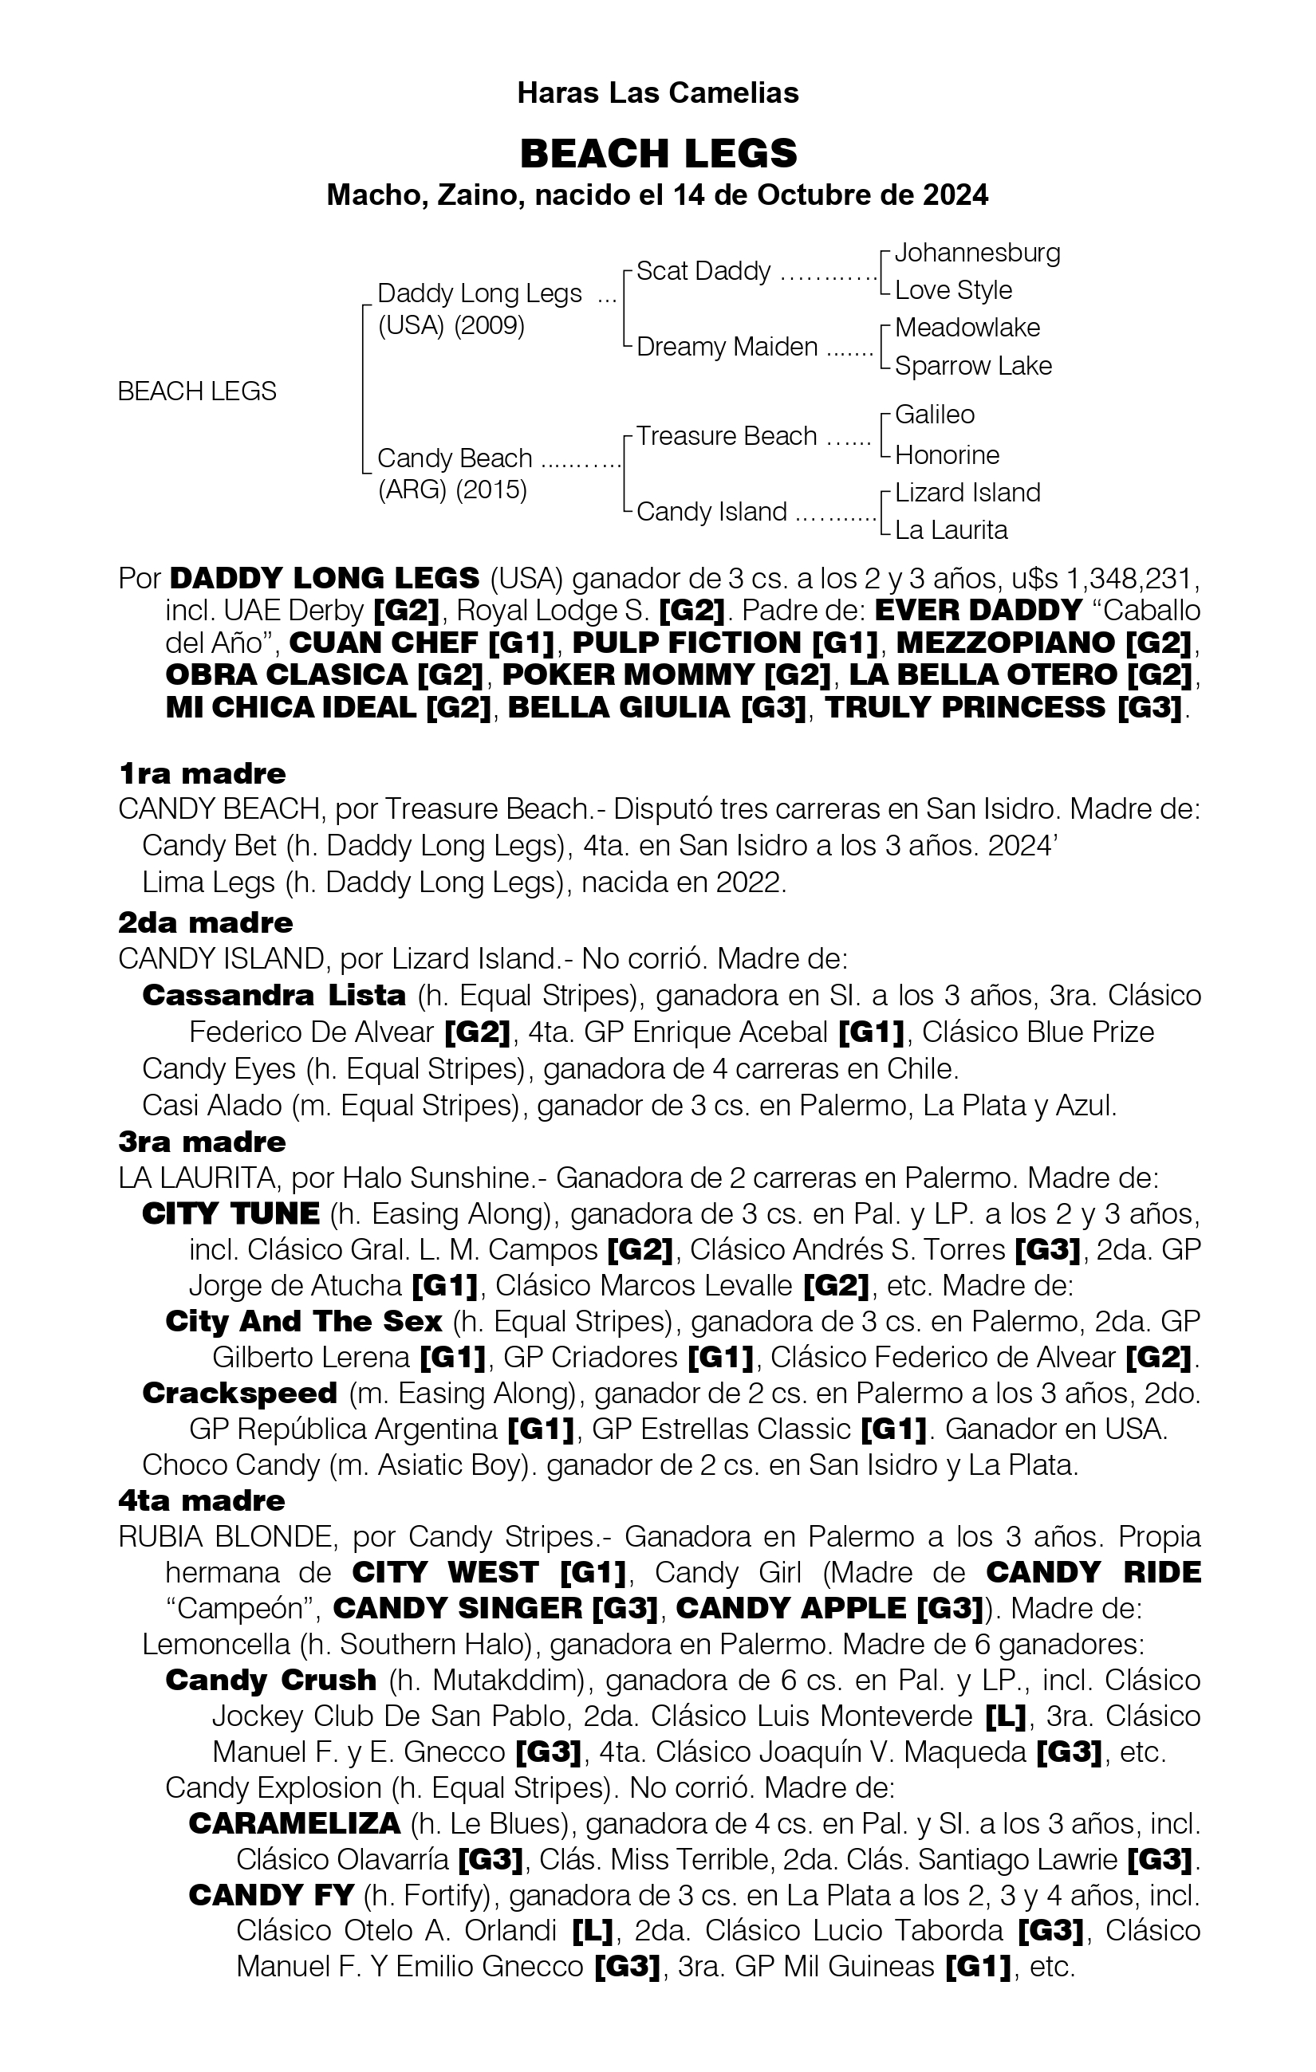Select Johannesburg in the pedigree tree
pos(977,252)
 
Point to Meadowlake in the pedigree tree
pos(967,328)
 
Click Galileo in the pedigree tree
pos(934,415)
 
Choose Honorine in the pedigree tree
pos(947,454)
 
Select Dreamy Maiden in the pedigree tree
pos(727,347)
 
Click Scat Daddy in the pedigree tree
pos(703,271)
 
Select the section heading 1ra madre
pos(202,773)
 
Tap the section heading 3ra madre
pos(202,1142)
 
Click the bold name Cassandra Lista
pos(274,996)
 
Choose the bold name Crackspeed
pos(239,1393)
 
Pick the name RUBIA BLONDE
pos(227,1536)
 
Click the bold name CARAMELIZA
pos(294,1823)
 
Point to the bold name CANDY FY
pos(271,1895)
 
